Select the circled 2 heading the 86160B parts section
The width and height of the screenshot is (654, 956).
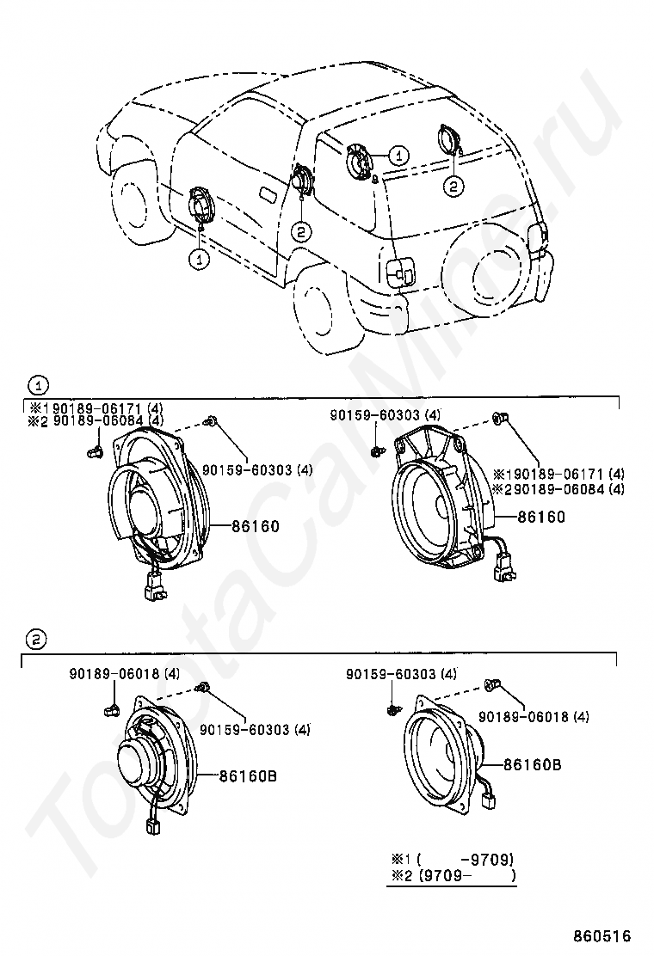[x=34, y=639]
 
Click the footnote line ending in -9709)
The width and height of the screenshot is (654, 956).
[x=453, y=859]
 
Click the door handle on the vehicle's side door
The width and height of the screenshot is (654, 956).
[x=268, y=196]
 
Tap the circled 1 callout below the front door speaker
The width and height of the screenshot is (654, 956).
[x=200, y=257]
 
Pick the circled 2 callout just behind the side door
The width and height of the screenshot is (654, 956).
[x=300, y=230]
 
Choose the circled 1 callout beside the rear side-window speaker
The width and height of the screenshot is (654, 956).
[x=398, y=155]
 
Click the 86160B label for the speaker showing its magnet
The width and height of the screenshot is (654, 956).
[x=247, y=775]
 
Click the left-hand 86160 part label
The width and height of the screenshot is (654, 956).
[x=255, y=526]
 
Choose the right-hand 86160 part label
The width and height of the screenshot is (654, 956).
[x=541, y=517]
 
